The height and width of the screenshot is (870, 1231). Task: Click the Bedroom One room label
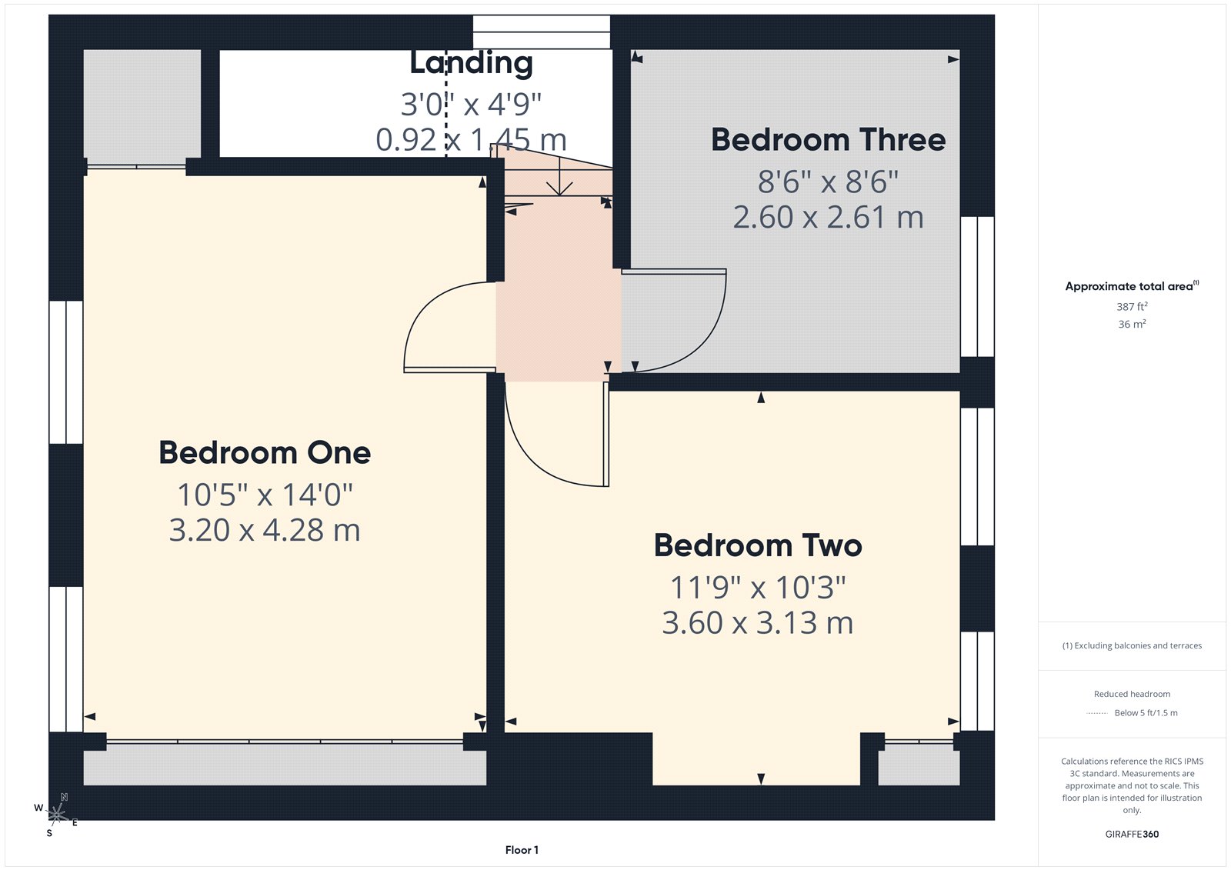point(265,452)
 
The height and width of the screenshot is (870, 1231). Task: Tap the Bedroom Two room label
point(758,545)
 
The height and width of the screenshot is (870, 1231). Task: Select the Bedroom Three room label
point(828,140)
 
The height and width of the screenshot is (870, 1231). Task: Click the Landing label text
point(471,63)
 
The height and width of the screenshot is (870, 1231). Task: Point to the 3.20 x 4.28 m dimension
point(265,530)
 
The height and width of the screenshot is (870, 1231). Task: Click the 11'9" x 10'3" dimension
point(758,588)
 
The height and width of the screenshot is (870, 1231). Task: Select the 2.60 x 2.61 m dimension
point(828,218)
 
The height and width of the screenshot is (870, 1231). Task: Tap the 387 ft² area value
point(1132,306)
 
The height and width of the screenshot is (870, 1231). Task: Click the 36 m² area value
point(1132,324)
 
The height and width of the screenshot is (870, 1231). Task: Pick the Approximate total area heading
point(1131,286)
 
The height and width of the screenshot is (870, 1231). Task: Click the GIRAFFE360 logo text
point(1132,834)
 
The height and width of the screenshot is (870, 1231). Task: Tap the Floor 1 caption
point(522,850)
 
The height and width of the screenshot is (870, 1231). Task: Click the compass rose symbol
point(56,813)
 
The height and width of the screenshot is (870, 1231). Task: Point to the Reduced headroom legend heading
point(1132,694)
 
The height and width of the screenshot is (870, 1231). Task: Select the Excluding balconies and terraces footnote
point(1132,645)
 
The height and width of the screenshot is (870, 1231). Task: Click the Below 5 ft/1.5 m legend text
point(1146,713)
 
